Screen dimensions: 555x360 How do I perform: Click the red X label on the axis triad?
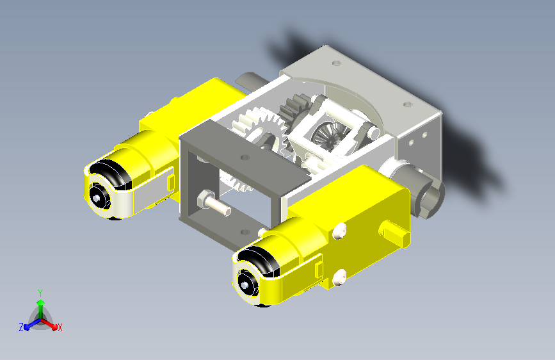(x=60, y=327)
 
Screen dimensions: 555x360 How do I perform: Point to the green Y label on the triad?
(x=40, y=293)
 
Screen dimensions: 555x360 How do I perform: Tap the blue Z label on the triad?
(x=21, y=327)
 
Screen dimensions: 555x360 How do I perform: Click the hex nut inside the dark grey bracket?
(x=205, y=199)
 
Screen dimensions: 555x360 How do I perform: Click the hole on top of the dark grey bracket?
(x=245, y=157)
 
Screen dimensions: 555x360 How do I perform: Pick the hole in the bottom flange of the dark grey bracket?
(x=245, y=232)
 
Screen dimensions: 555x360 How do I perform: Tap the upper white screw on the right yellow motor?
(x=339, y=231)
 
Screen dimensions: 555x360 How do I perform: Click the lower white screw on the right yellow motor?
(x=339, y=277)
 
